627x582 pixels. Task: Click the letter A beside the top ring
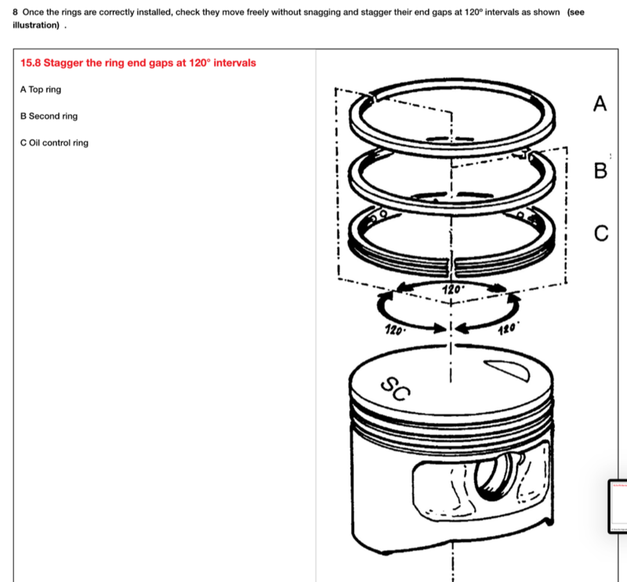[x=600, y=103]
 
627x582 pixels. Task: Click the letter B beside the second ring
[x=600, y=170]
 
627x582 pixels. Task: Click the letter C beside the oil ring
[x=600, y=233]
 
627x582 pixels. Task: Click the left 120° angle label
[x=395, y=330]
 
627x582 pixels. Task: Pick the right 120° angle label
[x=508, y=328]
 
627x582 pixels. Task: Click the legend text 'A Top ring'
[x=41, y=89]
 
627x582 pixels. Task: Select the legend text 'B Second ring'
[x=49, y=116]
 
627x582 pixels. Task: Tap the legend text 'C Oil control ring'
[x=54, y=143]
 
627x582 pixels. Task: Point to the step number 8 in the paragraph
[x=16, y=13]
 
